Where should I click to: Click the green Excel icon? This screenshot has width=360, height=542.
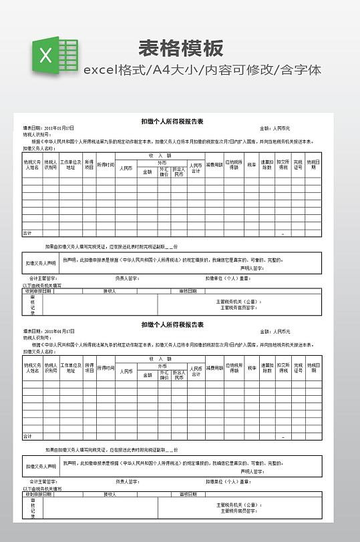[53, 55]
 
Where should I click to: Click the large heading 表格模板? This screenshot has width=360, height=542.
[181, 48]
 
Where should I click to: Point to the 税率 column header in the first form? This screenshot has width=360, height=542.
[252, 164]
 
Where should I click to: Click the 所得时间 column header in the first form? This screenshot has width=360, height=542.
[106, 164]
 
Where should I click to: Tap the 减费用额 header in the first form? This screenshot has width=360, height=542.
[214, 164]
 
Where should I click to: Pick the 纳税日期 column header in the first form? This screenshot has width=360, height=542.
[313, 164]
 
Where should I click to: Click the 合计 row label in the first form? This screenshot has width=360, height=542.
[27, 233]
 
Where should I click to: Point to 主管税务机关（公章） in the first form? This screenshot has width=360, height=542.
[239, 302]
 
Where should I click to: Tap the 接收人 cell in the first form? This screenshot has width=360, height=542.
[110, 291]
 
